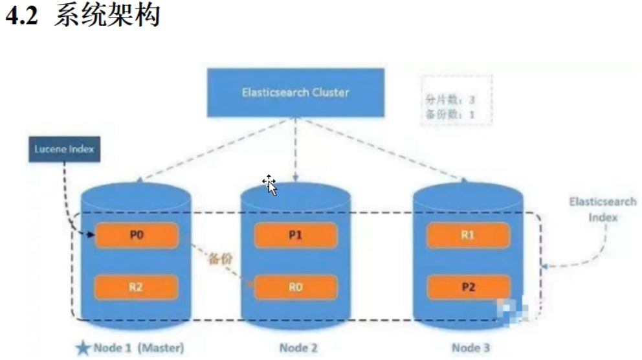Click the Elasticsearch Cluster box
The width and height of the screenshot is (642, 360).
(295, 92)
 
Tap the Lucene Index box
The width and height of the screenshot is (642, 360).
(64, 149)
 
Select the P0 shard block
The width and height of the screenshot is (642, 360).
(136, 236)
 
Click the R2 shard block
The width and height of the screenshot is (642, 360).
(136, 287)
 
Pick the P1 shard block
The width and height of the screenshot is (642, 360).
(295, 236)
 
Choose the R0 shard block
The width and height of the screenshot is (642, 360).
(295, 287)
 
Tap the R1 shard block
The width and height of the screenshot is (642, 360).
(467, 236)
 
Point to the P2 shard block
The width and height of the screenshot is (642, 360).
(467, 287)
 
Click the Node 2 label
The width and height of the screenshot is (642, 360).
(298, 348)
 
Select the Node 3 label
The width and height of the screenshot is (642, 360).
(470, 348)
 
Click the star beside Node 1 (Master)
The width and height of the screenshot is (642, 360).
(83, 348)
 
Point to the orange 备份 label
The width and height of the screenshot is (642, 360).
(219, 259)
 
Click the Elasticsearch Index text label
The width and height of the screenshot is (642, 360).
(603, 209)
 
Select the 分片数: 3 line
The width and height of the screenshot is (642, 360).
(450, 100)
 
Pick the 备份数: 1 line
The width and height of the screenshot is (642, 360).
(450, 114)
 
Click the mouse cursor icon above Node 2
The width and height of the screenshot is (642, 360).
(270, 185)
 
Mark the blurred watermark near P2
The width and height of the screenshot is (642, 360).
(512, 310)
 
